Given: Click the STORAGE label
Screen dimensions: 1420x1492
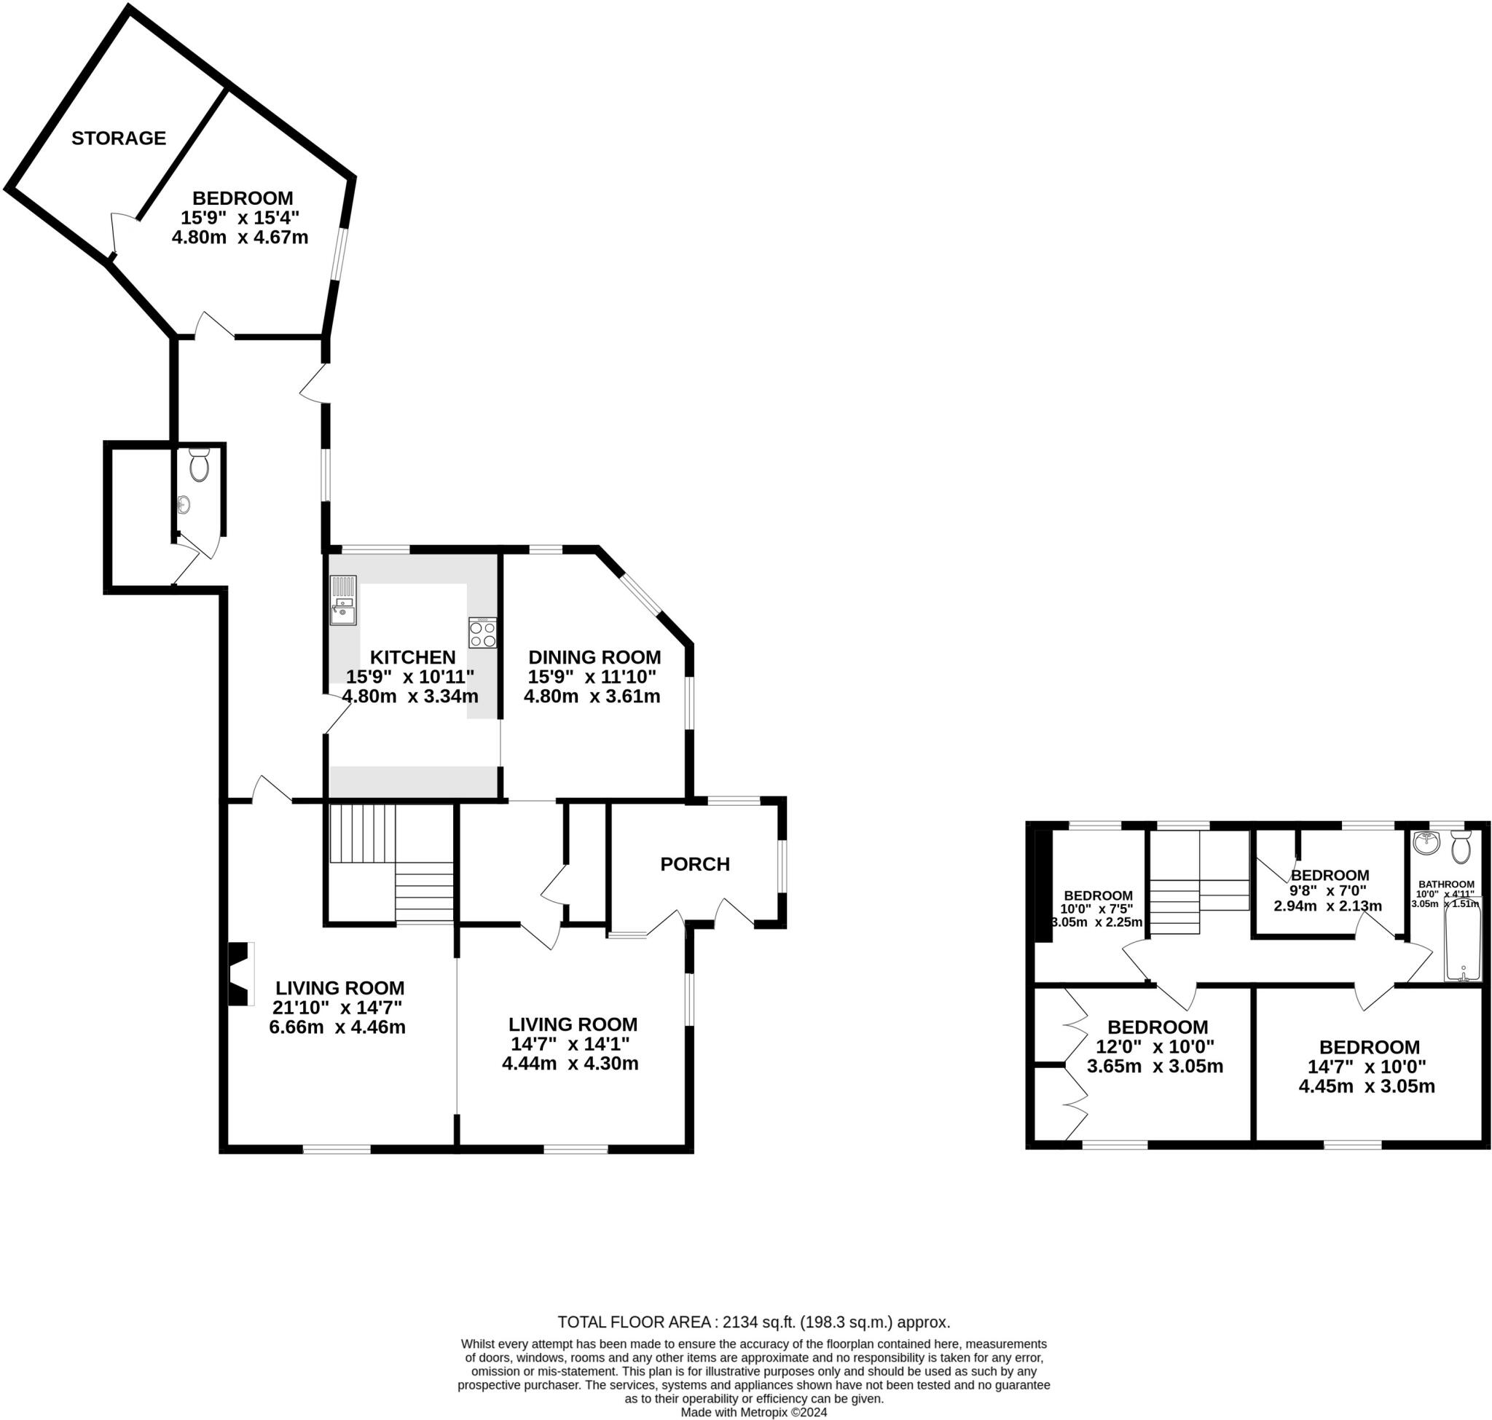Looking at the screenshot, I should pyautogui.click(x=119, y=138).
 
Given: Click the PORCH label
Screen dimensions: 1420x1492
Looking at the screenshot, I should pyautogui.click(x=694, y=863).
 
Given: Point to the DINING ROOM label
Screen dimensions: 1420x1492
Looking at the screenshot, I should pyautogui.click(x=594, y=657).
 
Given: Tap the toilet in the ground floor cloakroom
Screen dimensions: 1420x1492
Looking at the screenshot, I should pyautogui.click(x=199, y=465).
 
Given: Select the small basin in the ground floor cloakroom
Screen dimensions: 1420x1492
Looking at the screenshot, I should pyautogui.click(x=183, y=504).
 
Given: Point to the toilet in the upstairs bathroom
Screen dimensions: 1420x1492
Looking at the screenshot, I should pyautogui.click(x=1460, y=845).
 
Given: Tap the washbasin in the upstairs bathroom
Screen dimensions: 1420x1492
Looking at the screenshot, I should pyautogui.click(x=1426, y=841).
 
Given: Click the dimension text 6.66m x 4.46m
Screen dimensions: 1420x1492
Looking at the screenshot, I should pyautogui.click(x=337, y=1027).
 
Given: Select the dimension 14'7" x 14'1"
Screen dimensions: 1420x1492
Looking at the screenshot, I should pyautogui.click(x=570, y=1044).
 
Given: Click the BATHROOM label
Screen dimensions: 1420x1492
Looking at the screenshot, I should pyautogui.click(x=1446, y=884).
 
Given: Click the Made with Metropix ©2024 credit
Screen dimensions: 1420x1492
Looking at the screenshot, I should pyautogui.click(x=753, y=1412).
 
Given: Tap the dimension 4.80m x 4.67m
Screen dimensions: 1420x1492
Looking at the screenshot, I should pyautogui.click(x=240, y=237).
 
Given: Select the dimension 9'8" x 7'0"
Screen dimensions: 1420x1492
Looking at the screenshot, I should pyautogui.click(x=1329, y=891).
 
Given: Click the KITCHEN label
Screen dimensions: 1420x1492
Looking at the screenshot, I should pyautogui.click(x=412, y=657).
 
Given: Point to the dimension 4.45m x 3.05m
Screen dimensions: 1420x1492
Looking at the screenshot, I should pyautogui.click(x=1367, y=1086).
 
